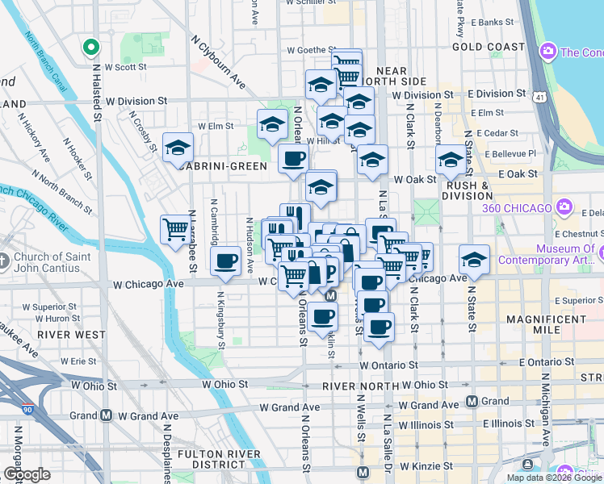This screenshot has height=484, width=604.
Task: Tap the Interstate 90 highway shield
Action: point(28,410)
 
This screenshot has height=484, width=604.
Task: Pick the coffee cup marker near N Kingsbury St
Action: point(225,261)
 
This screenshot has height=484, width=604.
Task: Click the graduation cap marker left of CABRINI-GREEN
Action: point(178,148)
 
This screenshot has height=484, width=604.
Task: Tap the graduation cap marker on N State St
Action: point(474,260)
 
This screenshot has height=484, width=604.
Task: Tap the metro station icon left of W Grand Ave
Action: point(106,416)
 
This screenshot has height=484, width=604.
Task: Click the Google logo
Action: point(27,474)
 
